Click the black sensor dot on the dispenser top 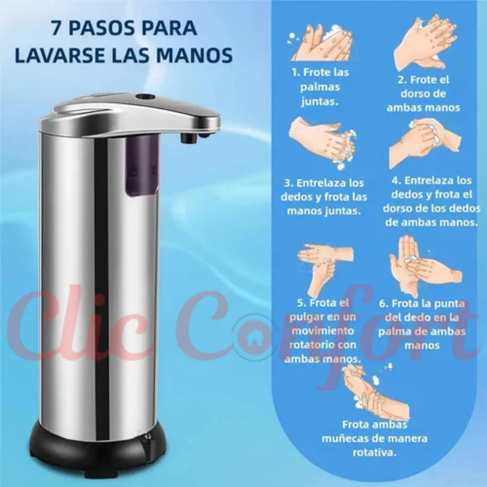pos(145,96)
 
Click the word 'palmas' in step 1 pos(320,87)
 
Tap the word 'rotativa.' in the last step pos(375,453)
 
